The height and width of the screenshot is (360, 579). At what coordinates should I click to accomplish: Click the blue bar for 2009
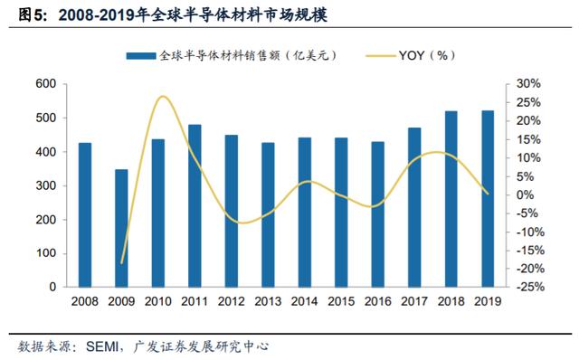pos(121,228)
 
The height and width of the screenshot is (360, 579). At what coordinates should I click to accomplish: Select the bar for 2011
pos(195,206)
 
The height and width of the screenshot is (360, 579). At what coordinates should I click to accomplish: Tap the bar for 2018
pos(451,199)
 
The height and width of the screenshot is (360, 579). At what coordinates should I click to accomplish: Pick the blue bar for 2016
pos(378,214)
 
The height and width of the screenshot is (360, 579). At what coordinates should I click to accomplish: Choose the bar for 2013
pos(268,215)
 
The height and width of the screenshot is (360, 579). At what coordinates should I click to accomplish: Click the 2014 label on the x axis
pos(304,301)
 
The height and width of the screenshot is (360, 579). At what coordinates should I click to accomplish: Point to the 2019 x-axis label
pos(488,301)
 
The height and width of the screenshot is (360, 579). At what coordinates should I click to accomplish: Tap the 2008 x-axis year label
pos(85,301)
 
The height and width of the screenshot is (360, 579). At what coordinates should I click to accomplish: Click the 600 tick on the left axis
pos(46,84)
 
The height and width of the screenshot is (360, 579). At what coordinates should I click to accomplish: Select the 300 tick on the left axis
pos(46,185)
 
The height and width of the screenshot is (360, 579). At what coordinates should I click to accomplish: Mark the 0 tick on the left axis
pos(52,287)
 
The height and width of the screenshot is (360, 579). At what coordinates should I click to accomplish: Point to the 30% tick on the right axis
pos(528,84)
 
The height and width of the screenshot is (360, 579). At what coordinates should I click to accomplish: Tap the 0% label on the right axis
pos(525,194)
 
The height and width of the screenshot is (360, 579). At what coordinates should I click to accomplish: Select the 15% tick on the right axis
pos(528,139)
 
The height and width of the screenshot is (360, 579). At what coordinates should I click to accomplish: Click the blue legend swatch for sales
pos(141,56)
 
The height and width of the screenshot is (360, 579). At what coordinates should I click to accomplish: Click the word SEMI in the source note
pos(102,346)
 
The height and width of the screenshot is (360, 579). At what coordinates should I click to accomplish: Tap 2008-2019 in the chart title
pos(96,15)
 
